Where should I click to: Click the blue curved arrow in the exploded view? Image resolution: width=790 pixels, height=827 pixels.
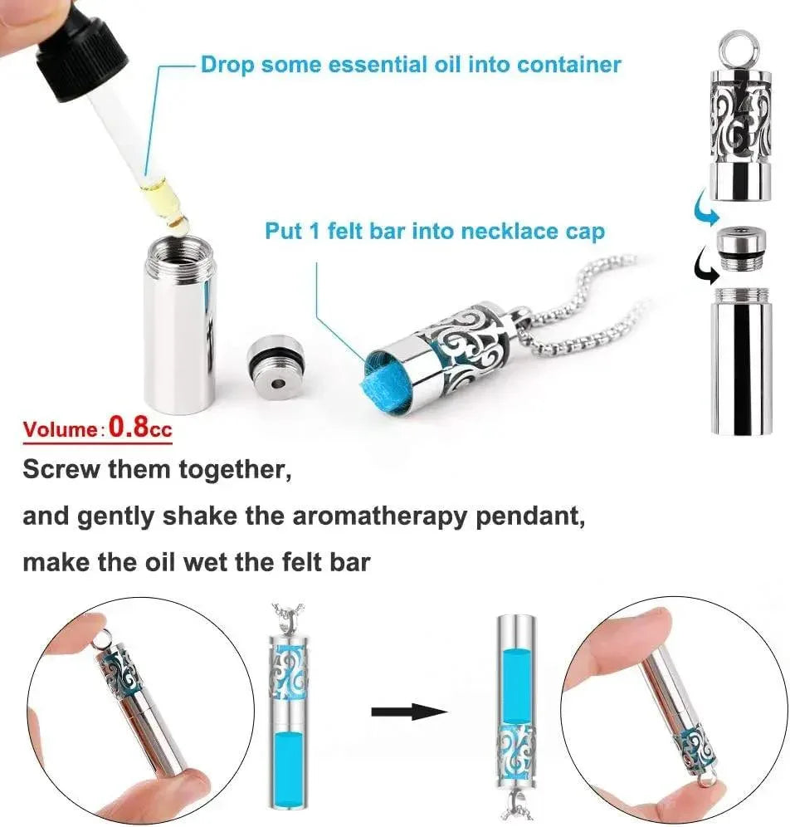pos(705,209)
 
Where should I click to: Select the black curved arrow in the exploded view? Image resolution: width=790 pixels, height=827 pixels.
pos(705,267)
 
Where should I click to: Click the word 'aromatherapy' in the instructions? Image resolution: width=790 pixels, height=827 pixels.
pos(379,516)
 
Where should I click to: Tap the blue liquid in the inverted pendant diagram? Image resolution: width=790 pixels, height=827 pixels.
pos(517,685)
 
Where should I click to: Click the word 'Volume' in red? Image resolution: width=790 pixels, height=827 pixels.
pos(59,428)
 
